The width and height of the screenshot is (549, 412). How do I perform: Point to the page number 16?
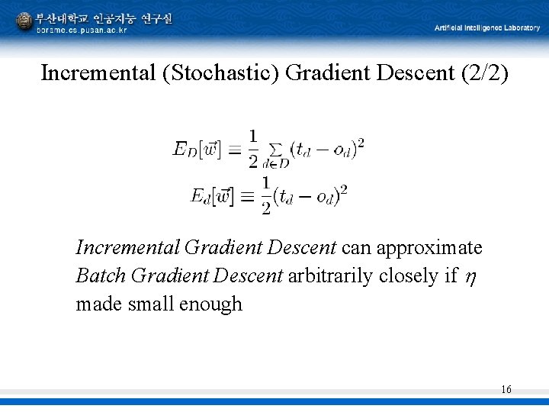(x=506, y=390)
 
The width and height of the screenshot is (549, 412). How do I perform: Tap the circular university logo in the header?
(x=24, y=21)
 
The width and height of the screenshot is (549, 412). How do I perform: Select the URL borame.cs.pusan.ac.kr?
(x=82, y=31)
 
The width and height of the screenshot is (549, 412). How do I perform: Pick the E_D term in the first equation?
(x=186, y=149)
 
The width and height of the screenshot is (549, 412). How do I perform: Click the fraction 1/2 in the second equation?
(x=266, y=195)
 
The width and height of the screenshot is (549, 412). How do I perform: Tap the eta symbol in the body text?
(x=470, y=276)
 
